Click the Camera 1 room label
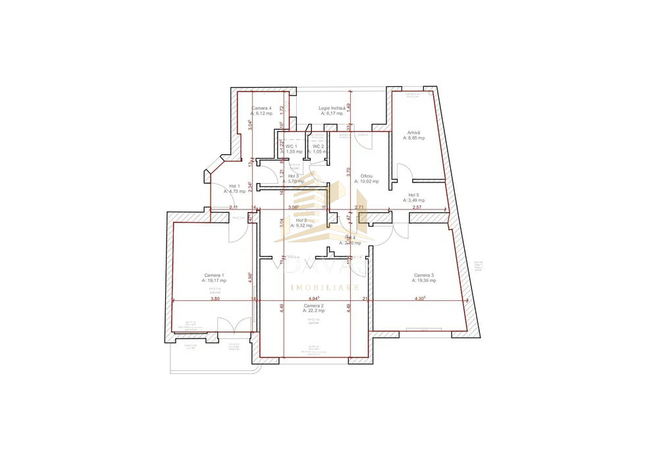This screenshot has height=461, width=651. pos(214,275)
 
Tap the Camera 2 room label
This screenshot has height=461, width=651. pos(313,306)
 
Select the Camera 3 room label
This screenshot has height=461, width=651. pos(424,275)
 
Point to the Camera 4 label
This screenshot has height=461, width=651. pos(261,108)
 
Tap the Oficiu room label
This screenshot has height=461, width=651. pos(367,176)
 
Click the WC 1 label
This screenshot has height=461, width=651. pos(291,146)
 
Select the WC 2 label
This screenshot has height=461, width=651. pos(318,146)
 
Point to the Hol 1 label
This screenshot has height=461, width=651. pos(234,186)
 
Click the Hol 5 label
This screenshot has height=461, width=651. pos(413,195)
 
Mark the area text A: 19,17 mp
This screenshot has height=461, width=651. pos(214,281)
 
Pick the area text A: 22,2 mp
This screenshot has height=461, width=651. pos(313,311)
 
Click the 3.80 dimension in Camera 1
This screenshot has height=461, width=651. pos(215,299)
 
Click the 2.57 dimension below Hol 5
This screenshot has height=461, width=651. pos(417,208)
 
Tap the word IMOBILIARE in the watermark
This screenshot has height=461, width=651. pos(325,288)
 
